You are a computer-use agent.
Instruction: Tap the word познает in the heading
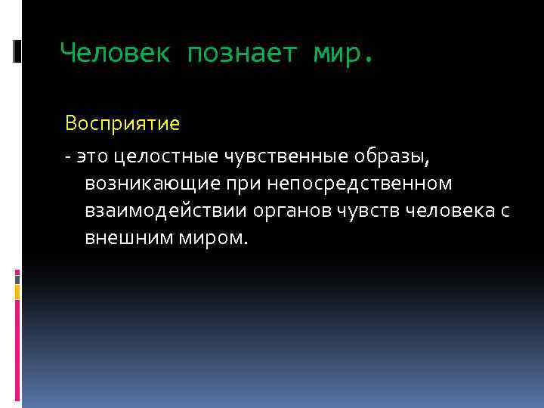[x=241, y=54]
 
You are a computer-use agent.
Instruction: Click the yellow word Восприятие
[x=122, y=122]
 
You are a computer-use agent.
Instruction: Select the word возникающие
[x=150, y=184]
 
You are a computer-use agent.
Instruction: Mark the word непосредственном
[x=355, y=184]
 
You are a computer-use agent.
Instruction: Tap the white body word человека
[x=450, y=212]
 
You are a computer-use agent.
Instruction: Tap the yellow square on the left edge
[x=17, y=290]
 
